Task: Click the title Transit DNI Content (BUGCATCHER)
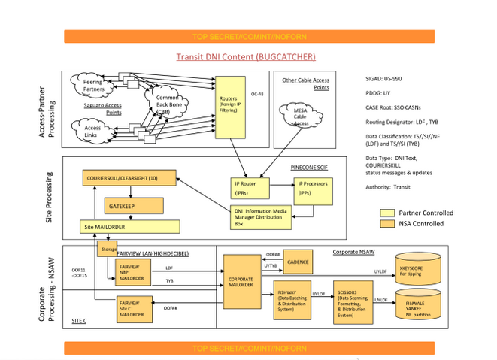(246, 56)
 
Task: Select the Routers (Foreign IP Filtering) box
(229, 103)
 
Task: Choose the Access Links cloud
(92, 132)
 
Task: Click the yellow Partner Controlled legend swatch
(386, 213)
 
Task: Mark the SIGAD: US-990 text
(386, 77)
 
